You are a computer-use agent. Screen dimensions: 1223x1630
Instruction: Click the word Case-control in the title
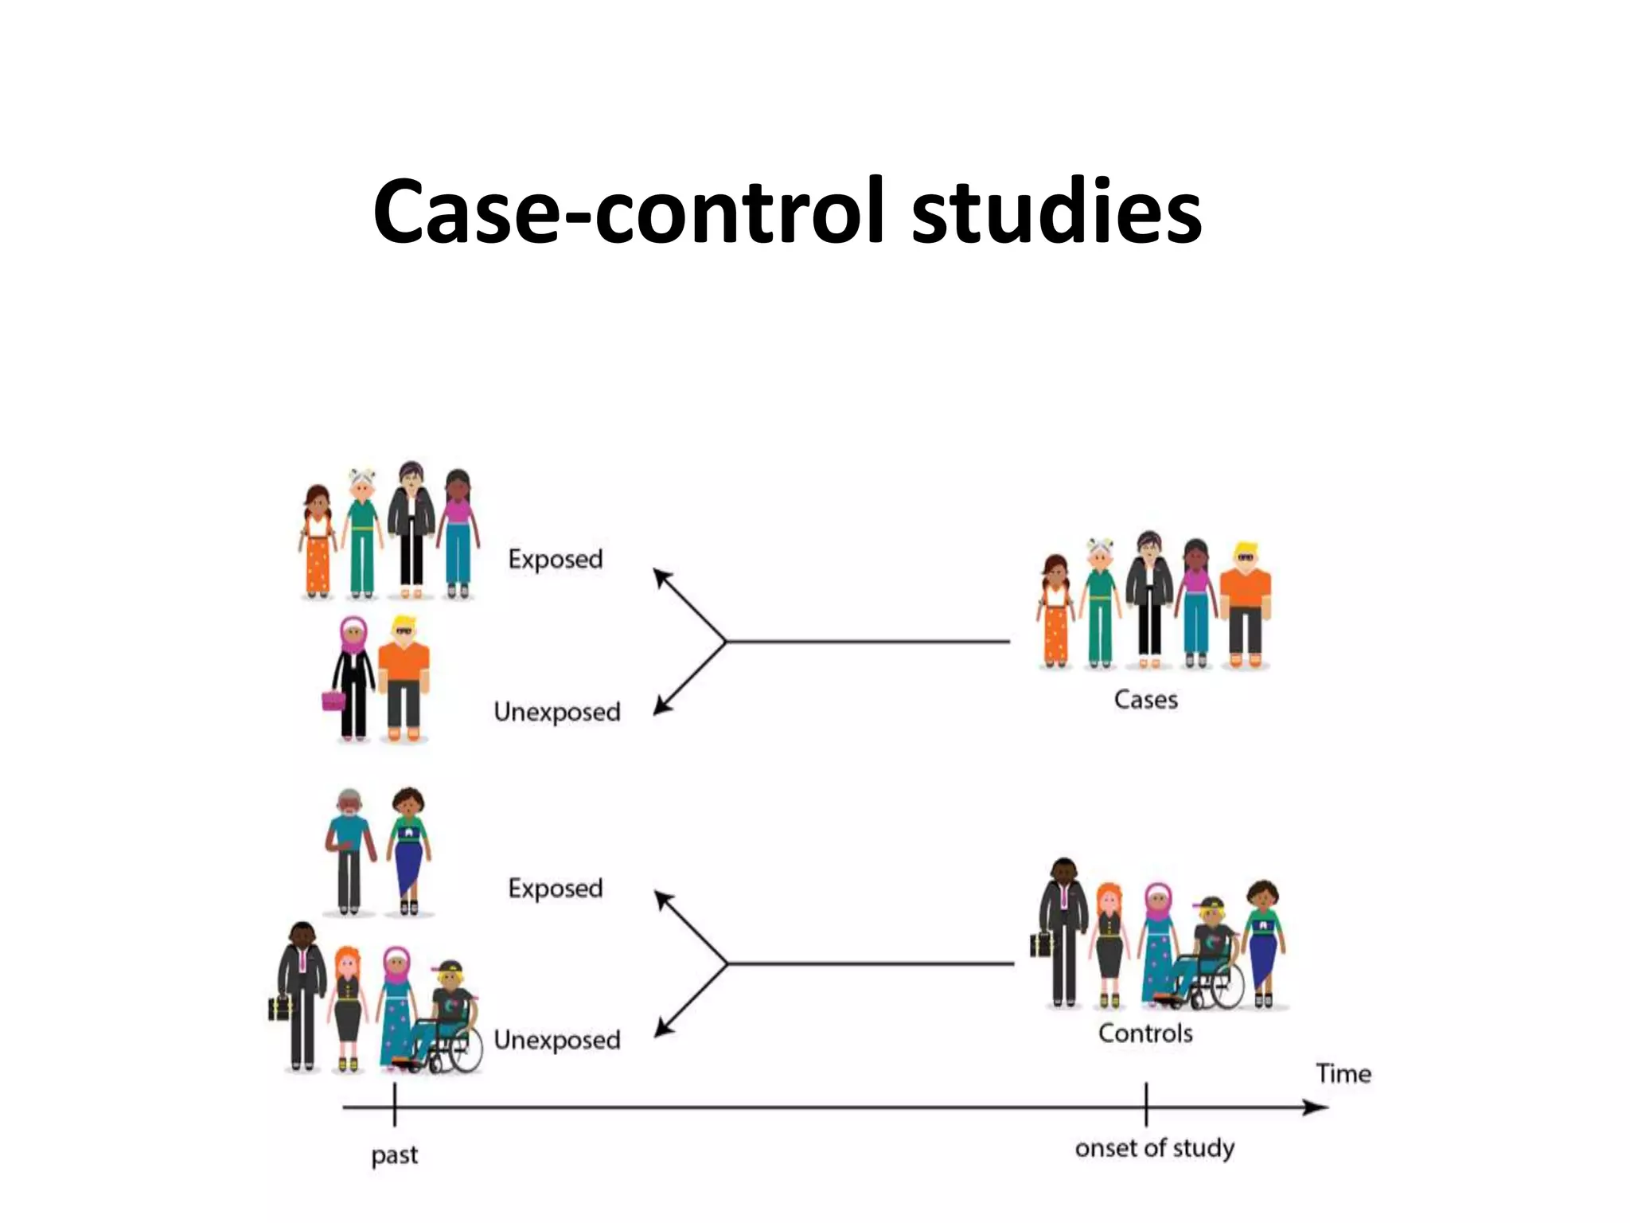point(629,212)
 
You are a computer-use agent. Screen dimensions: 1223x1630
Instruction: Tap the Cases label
point(1145,700)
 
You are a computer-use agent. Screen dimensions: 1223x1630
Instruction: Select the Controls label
point(1145,1033)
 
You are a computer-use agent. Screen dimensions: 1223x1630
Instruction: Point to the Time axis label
point(1343,1074)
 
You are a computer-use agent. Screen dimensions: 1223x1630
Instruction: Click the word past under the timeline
point(394,1155)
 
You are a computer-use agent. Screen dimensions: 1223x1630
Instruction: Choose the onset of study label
point(1154,1148)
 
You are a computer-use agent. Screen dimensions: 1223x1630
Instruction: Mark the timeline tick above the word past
point(395,1105)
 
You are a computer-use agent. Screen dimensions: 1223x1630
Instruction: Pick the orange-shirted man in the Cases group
point(1245,605)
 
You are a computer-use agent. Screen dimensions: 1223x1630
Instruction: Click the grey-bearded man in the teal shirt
point(349,850)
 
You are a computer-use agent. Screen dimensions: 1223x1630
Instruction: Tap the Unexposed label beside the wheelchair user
point(557,1040)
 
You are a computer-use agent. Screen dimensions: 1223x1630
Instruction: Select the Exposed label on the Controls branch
point(556,889)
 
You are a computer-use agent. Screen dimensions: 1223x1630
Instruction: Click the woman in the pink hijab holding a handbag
point(353,677)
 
